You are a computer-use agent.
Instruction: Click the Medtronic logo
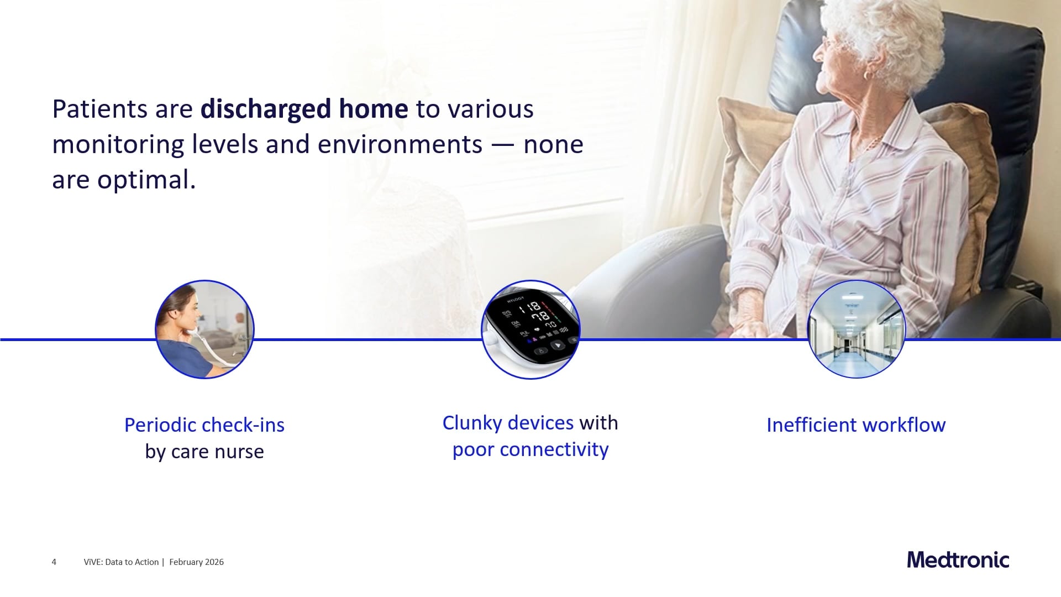click(958, 560)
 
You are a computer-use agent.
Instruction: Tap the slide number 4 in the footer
click(54, 562)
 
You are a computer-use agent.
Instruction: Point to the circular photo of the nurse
click(204, 329)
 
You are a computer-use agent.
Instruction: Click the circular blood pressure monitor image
click(530, 329)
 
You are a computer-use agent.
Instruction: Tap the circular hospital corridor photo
click(856, 329)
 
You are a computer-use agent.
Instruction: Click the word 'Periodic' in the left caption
click(160, 425)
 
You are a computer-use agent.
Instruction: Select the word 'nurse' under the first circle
click(239, 452)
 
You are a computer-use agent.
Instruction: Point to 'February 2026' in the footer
click(196, 562)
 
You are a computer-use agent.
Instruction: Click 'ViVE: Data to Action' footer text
click(121, 562)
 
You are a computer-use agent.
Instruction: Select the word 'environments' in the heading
click(400, 144)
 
